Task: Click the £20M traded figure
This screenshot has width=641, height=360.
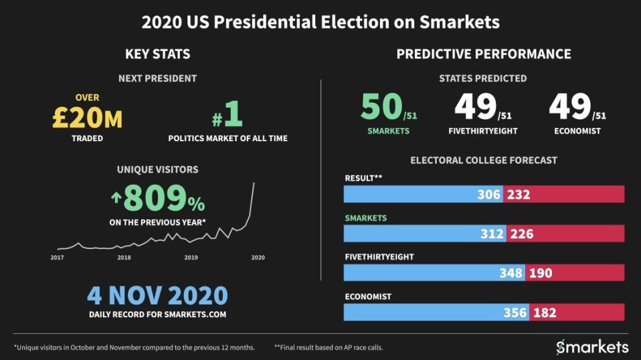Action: (x=87, y=118)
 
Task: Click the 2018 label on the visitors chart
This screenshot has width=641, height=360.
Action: (x=124, y=257)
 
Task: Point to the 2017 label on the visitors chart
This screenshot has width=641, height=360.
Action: (x=58, y=257)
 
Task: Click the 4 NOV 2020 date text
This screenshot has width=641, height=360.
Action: (x=157, y=296)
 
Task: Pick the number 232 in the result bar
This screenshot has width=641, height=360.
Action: (x=519, y=195)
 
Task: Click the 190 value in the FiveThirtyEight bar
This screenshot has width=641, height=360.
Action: (x=540, y=273)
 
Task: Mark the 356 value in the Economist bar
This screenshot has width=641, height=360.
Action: (x=515, y=312)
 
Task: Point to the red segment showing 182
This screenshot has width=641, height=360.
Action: (x=577, y=312)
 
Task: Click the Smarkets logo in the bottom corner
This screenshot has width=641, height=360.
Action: (x=592, y=347)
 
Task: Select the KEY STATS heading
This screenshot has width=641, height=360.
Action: (x=157, y=54)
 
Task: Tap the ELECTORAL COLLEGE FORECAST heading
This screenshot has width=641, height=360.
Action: (x=484, y=161)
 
